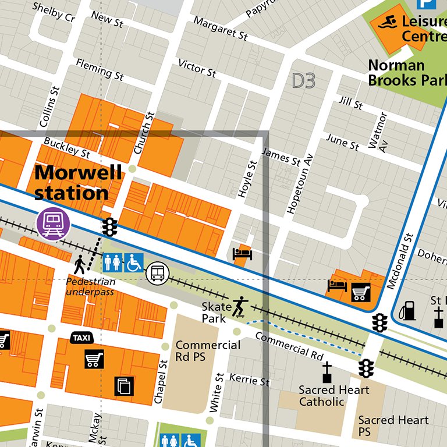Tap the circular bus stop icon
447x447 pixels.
[x=158, y=272]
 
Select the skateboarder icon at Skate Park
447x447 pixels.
[x=239, y=306]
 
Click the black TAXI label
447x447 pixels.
[x=82, y=338]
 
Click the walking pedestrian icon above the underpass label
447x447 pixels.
[x=80, y=265]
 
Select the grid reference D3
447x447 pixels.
[x=303, y=81]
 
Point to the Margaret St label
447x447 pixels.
[x=221, y=28]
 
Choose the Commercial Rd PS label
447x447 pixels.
[x=208, y=351]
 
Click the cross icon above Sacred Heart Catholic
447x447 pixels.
[x=327, y=371]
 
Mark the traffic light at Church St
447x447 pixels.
[x=109, y=226]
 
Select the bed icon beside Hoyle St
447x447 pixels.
[x=242, y=254]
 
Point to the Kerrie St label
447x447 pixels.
[x=249, y=380]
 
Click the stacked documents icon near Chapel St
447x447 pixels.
[x=124, y=385]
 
